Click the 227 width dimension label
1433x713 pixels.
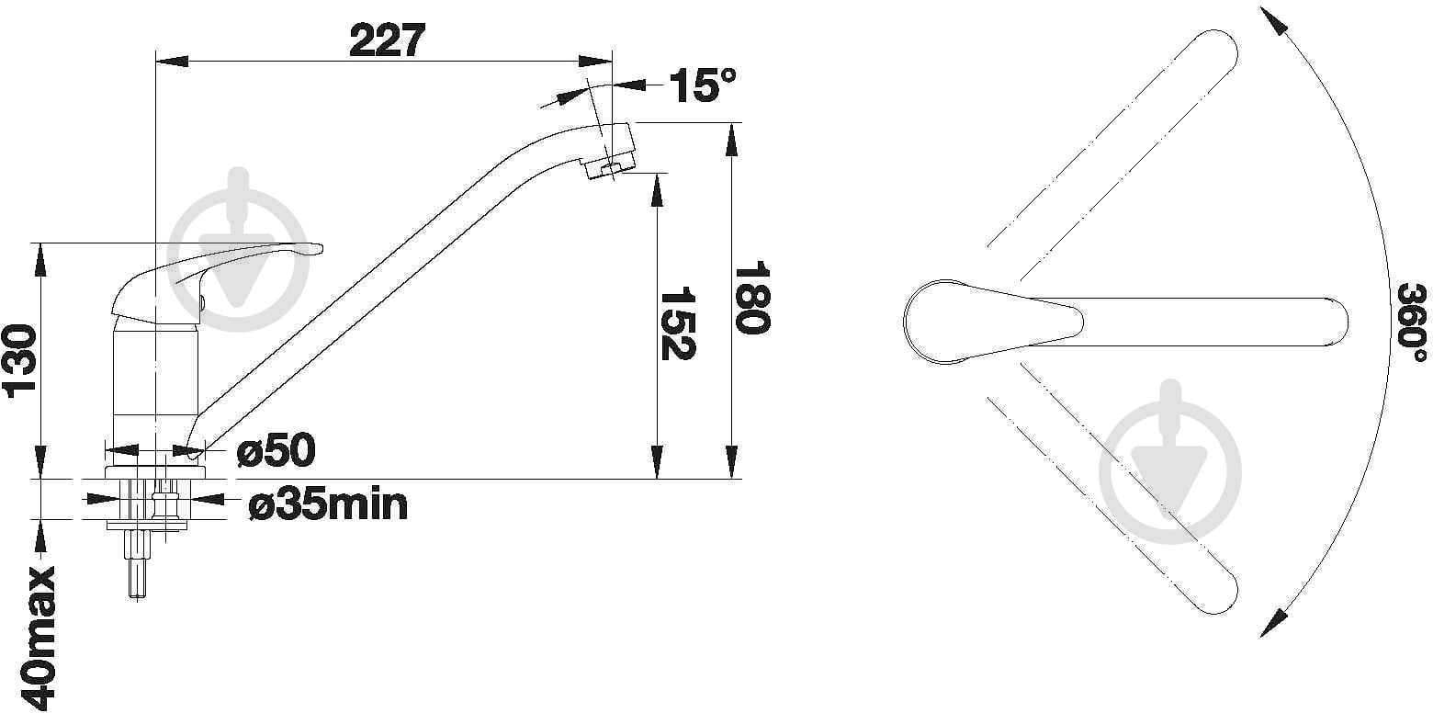pyautogui.click(x=387, y=40)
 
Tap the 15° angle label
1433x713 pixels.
pyautogui.click(x=703, y=85)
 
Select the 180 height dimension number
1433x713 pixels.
pyautogui.click(x=751, y=298)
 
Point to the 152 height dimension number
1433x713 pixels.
pyautogui.click(x=678, y=323)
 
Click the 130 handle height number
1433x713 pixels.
pyautogui.click(x=21, y=362)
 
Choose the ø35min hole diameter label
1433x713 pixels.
pyautogui.click(x=328, y=504)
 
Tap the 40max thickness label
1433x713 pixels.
pyautogui.click(x=39, y=637)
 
